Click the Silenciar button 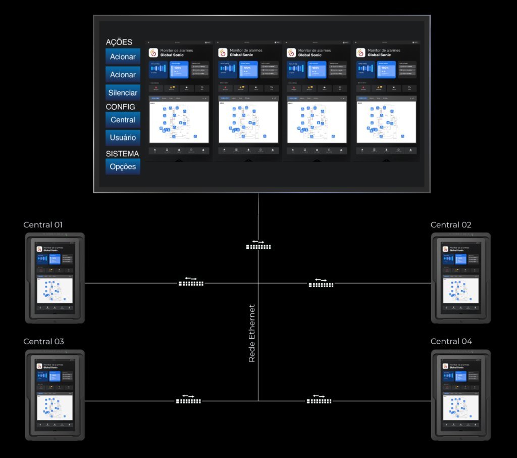pos(123,93)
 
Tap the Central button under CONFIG pos(123,120)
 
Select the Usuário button pos(123,138)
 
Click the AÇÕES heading pos(119,42)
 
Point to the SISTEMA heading pos(122,154)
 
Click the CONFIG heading pos(120,107)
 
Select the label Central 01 pos(43,225)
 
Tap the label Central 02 pos(451,225)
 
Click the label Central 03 pos(43,342)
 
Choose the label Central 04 pos(451,342)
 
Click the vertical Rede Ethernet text pos(252,333)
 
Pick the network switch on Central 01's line pos(191,283)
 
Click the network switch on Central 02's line pos(321,284)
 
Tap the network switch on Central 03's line pos(188,400)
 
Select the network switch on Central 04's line pos(319,400)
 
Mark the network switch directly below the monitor pos(258,246)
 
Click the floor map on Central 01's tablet pos(55,290)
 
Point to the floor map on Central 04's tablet pos(460,407)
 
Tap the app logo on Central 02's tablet pos(445,249)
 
